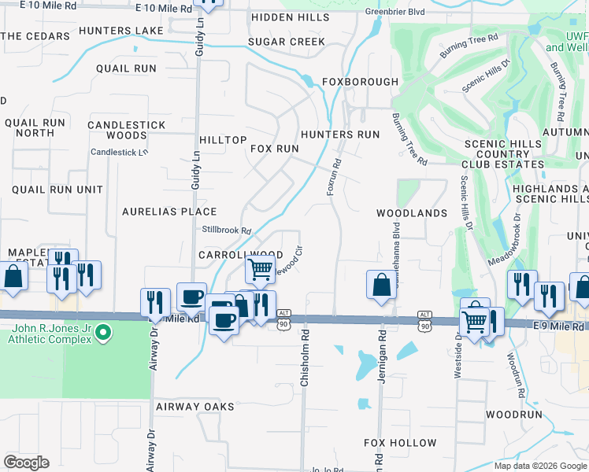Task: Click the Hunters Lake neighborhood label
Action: click(x=121, y=31)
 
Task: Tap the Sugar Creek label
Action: click(x=286, y=42)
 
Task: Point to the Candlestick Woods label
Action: click(x=127, y=131)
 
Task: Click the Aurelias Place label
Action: click(x=169, y=212)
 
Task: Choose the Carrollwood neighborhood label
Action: click(x=240, y=255)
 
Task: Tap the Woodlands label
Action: click(x=411, y=213)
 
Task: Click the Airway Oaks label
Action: click(x=194, y=407)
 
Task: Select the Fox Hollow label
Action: click(x=400, y=443)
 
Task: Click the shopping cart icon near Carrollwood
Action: click(x=260, y=269)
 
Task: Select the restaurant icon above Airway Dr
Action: click(x=154, y=301)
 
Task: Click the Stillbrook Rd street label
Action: click(x=226, y=230)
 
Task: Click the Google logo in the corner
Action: click(x=26, y=463)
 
